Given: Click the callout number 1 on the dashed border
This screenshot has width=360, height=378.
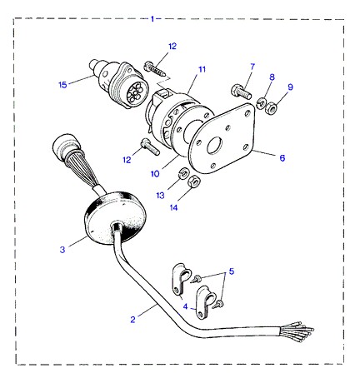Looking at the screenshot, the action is click(x=152, y=19).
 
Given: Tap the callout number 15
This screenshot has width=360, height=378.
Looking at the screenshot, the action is click(x=63, y=85).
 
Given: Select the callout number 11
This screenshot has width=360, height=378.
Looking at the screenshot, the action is click(x=202, y=69).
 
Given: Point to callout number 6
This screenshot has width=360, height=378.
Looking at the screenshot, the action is click(x=282, y=158).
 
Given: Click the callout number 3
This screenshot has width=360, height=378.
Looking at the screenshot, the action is click(x=62, y=249).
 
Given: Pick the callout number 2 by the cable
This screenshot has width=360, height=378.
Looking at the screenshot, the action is click(x=132, y=320).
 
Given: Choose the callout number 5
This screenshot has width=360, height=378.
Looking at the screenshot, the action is click(x=232, y=271).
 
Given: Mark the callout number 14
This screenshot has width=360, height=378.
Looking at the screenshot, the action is click(x=173, y=207).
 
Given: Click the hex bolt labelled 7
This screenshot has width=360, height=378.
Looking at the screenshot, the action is click(x=242, y=92).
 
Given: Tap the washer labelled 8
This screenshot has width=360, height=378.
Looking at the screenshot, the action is click(x=261, y=103).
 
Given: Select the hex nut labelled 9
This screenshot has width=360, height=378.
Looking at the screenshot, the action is click(x=271, y=107).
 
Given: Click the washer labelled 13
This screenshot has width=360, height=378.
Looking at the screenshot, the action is click(x=183, y=172).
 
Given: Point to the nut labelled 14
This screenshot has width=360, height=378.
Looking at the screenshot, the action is click(x=194, y=182).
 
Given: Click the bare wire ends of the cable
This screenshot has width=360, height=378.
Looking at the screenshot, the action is click(x=298, y=330).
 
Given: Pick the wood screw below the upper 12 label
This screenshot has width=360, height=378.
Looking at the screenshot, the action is click(x=155, y=70).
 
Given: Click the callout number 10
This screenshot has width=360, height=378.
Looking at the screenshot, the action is click(x=155, y=174).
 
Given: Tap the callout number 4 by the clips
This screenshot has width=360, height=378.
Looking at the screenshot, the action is click(x=185, y=306).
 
